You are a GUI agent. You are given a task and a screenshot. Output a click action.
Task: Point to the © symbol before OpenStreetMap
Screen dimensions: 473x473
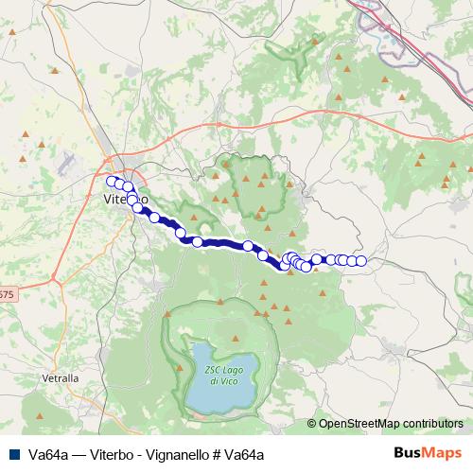coord(312,424)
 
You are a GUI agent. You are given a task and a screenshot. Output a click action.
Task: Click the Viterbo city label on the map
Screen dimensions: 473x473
coord(123,200)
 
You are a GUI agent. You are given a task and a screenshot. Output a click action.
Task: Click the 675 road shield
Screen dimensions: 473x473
coord(6,295)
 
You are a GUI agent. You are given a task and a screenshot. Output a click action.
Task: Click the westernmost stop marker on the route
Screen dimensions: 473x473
coord(112,181)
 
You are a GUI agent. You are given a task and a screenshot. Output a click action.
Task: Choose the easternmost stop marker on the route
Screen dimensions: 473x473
coord(360,260)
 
